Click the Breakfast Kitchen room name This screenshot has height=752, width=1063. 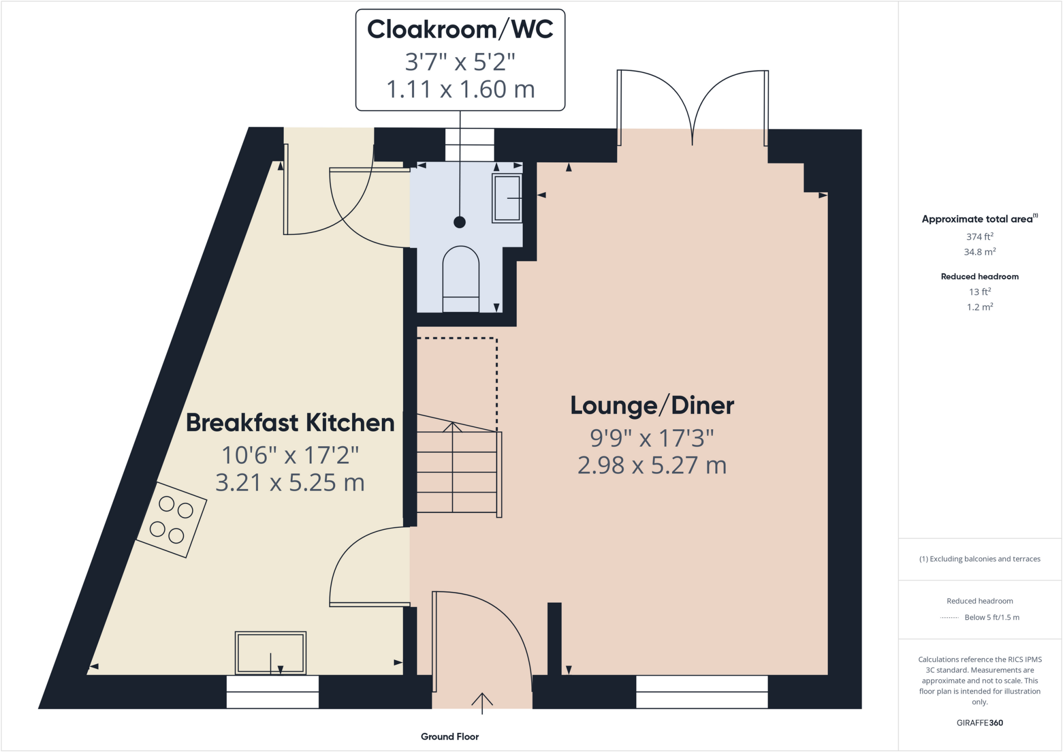[x=290, y=423]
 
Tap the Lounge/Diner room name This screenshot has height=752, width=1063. [x=652, y=406]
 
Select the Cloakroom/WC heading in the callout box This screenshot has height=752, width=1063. [x=460, y=30]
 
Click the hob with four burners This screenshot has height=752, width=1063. [x=171, y=520]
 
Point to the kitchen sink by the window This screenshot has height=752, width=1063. [x=270, y=653]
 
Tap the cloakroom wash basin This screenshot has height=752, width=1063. [x=507, y=198]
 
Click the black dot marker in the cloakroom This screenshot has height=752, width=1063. [x=459, y=222]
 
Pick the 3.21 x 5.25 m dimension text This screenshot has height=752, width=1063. [x=290, y=483]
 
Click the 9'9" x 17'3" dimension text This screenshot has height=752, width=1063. [x=652, y=439]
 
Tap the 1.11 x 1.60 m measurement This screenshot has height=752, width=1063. [x=460, y=89]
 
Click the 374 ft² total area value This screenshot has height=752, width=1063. [x=979, y=237]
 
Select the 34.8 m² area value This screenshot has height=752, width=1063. [x=979, y=252]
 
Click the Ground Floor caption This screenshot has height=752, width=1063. [x=449, y=736]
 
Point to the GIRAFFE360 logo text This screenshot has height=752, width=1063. [x=979, y=723]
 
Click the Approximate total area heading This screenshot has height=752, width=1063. [x=979, y=219]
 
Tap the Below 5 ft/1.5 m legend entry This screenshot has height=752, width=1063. [x=991, y=618]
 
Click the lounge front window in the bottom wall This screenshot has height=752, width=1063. [x=702, y=692]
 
